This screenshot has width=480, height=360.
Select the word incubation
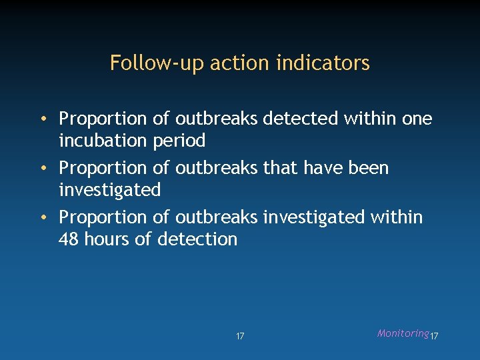[x=103, y=141]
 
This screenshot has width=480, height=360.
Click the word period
[x=179, y=141]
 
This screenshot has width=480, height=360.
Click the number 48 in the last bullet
[x=69, y=239]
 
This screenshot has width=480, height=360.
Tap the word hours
[x=107, y=239]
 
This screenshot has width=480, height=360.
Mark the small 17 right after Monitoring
[x=435, y=336]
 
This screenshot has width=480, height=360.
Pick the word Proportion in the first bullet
[x=103, y=119]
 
